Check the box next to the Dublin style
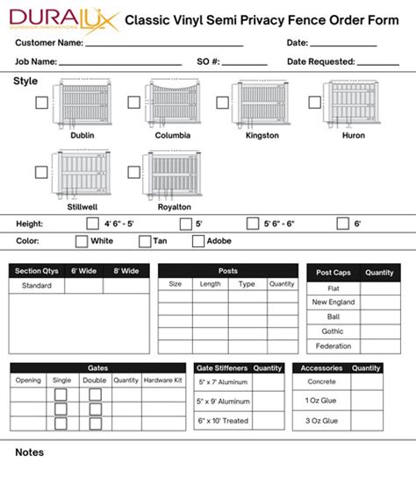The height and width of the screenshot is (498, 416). click(x=41, y=103)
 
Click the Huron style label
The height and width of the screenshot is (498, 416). click(x=354, y=136)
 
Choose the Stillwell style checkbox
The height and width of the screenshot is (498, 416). click(x=41, y=173)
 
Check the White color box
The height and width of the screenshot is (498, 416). click(x=82, y=241)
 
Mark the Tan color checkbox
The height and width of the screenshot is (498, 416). click(x=145, y=241)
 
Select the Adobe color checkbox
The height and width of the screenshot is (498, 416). click(x=198, y=241)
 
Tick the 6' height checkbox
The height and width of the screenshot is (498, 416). click(x=341, y=224)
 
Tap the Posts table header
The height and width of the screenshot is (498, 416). click(x=228, y=271)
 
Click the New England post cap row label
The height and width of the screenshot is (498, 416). click(x=334, y=302)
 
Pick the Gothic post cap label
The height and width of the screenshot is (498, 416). click(x=334, y=331)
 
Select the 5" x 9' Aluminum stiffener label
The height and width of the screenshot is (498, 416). click(x=223, y=401)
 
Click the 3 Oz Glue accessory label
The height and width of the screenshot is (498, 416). click(x=322, y=421)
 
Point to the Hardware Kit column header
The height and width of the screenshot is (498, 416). click(x=163, y=381)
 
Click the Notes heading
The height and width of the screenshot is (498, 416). click(x=29, y=452)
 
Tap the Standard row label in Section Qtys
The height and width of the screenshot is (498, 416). click(x=37, y=286)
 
